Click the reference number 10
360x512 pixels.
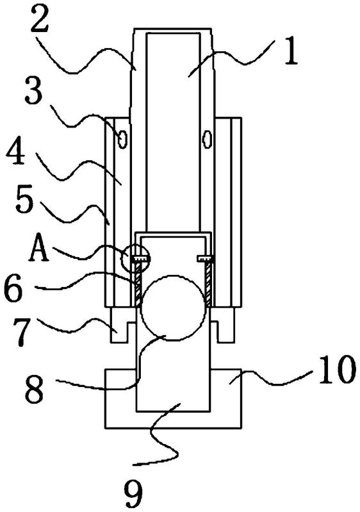(x=336, y=370)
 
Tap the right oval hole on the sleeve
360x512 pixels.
(x=207, y=140)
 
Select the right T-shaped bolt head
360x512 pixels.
(x=206, y=259)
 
